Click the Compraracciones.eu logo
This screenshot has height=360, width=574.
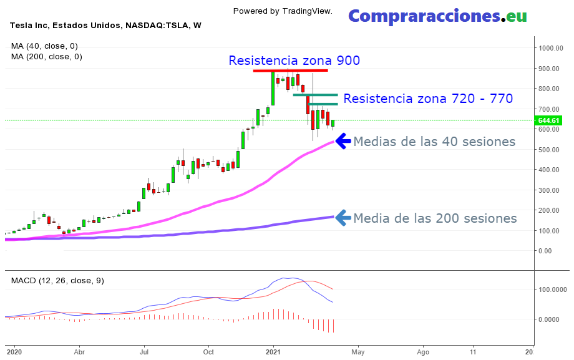pos(437,16)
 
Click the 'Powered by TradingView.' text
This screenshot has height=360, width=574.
pos(283,11)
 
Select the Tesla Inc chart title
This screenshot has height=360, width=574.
pos(105,26)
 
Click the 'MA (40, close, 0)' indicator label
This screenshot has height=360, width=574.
pos(44,46)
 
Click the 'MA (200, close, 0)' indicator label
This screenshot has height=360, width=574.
pos(47,56)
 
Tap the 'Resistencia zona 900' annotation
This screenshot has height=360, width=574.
pos(294,61)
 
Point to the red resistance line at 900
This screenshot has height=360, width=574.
pos(290,71)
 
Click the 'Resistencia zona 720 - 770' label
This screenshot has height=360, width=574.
pos(428,99)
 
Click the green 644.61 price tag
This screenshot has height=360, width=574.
pos(549,120)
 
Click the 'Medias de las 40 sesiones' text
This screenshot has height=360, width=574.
pos(434,142)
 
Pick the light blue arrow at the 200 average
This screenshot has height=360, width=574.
pos(343,218)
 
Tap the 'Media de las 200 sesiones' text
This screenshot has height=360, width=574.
pos(435,218)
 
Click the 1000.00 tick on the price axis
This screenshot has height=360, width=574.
pos(552,48)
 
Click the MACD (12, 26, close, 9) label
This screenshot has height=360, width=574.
pos(57,281)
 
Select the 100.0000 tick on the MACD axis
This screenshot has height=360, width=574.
pos(552,289)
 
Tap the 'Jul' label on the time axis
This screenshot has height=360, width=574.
pos(143,352)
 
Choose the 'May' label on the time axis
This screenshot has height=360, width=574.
pos(358,352)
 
